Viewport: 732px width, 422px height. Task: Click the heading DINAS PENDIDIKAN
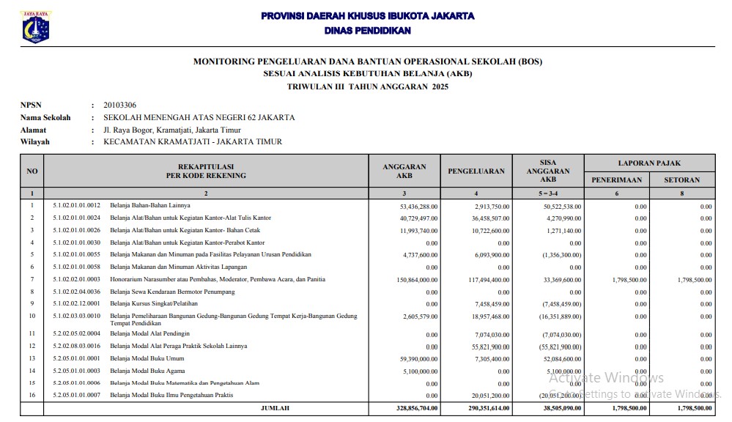click(x=367, y=31)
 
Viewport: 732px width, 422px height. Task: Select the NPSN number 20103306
click(x=119, y=105)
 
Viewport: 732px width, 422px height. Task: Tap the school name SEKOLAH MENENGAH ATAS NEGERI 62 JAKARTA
click(x=199, y=117)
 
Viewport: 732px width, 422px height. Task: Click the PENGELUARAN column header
click(x=476, y=171)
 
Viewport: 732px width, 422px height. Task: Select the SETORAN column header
click(x=681, y=179)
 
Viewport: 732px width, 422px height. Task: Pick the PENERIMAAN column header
click(x=616, y=179)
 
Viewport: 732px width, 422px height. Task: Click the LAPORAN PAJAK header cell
click(x=648, y=163)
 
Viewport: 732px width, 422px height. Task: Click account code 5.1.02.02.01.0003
click(x=76, y=280)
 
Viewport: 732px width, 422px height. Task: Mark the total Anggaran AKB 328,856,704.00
click(x=413, y=408)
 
